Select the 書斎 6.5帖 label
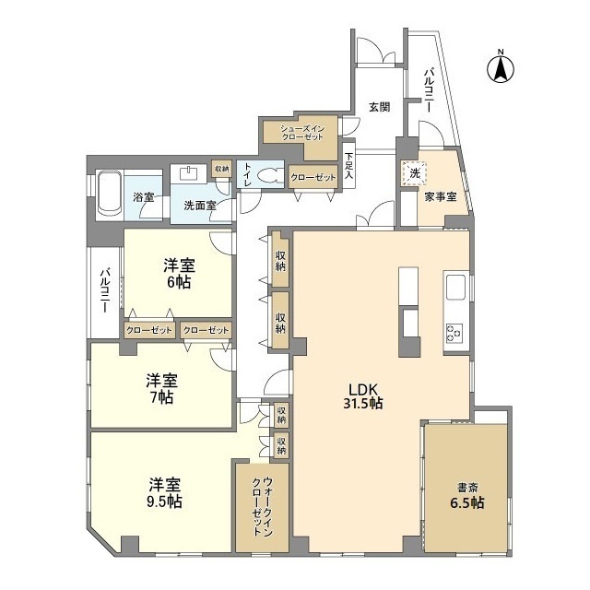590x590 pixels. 468,495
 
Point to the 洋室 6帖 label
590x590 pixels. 178,274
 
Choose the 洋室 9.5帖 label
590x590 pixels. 166,492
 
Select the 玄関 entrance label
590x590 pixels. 379,106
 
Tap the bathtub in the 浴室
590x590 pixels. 109,192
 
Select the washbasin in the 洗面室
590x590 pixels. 191,173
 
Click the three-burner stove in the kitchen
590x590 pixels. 455,332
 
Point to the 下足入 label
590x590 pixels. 349,166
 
